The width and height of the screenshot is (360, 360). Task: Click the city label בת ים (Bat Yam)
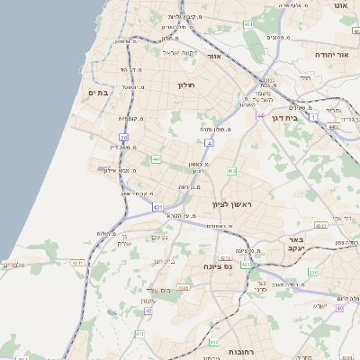(x=97, y=92)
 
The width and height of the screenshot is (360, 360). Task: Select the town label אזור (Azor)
(x=214, y=56)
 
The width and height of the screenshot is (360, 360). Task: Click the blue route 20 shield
(x=123, y=138)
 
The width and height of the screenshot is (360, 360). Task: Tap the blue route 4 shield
(x=209, y=142)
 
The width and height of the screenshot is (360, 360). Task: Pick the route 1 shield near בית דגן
(x=312, y=117)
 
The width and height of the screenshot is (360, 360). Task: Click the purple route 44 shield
(x=259, y=116)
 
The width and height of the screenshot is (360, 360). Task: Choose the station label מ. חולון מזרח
(x=217, y=129)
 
